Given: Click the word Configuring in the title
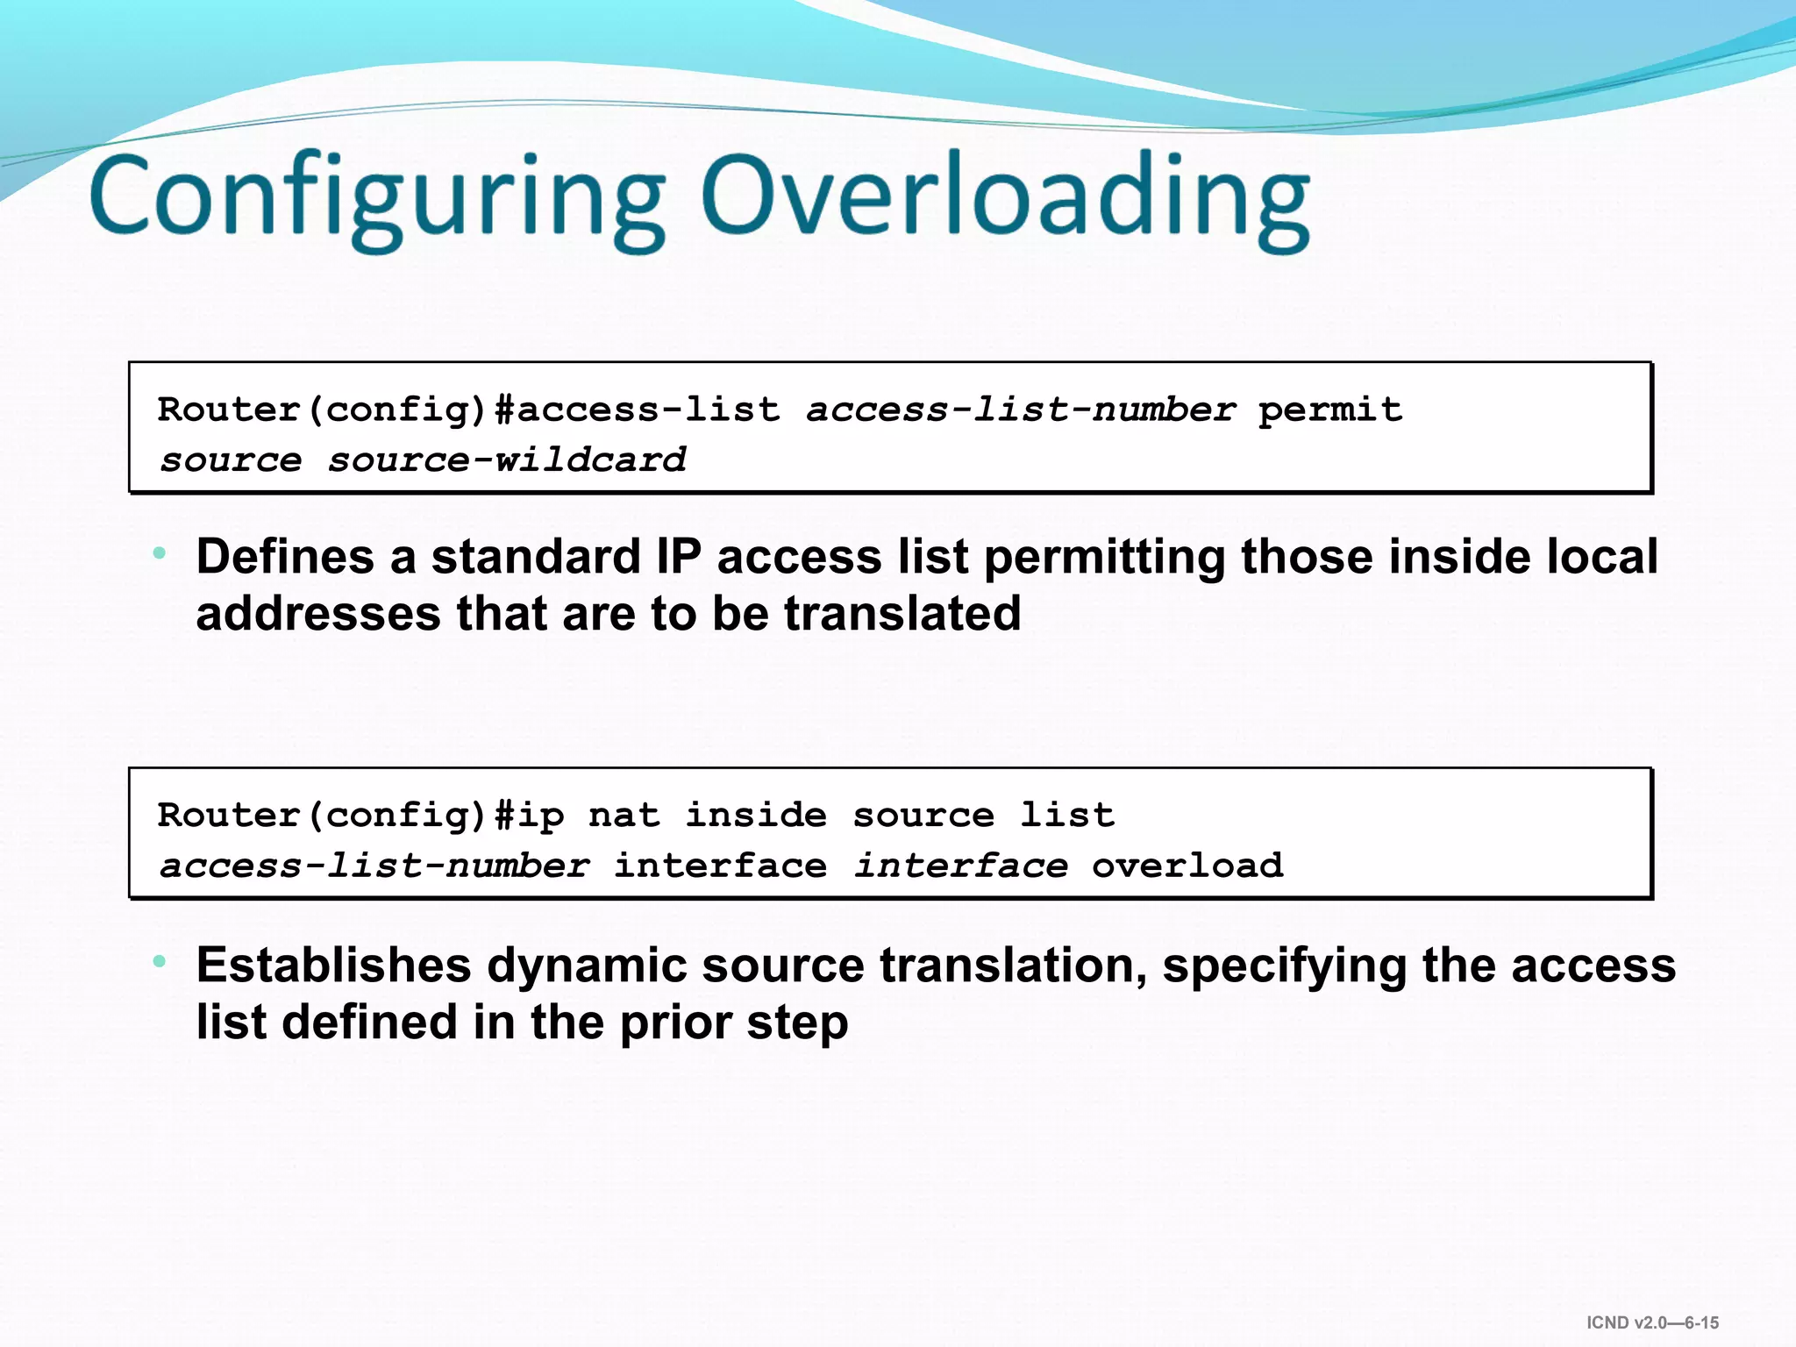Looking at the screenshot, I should pyautogui.click(x=377, y=197).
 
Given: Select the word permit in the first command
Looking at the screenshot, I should pyautogui.click(x=1329, y=410).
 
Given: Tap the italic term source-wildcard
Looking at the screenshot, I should pyautogui.click(x=507, y=460).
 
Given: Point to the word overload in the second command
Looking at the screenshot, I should pyautogui.click(x=1187, y=866).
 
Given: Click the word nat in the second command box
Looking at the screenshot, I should pyautogui.click(x=624, y=816).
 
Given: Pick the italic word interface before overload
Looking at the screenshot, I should pyautogui.click(x=961, y=866).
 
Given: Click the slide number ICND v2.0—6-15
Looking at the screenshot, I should pyautogui.click(x=1652, y=1322).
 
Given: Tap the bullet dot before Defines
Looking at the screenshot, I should pyautogui.click(x=159, y=553).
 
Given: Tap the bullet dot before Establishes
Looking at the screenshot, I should pyautogui.click(x=159, y=962).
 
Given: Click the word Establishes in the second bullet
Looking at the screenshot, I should pyautogui.click(x=333, y=965).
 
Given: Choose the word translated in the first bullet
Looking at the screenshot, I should pyautogui.click(x=902, y=613).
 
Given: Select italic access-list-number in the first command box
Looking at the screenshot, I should pyautogui.click(x=1021, y=410).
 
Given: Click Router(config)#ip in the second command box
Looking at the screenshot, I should pyautogui.click(x=360, y=816).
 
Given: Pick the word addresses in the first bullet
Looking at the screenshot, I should pyautogui.click(x=318, y=613).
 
